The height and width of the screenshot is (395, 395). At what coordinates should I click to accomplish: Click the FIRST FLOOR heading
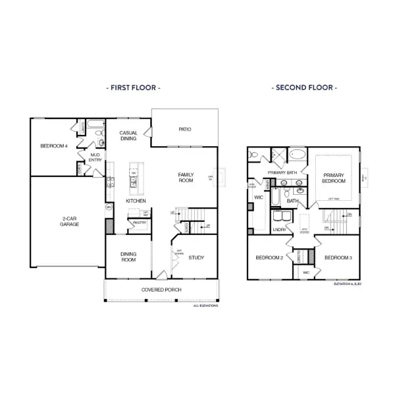tap(133, 87)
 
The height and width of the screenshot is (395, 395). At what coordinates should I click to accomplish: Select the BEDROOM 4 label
tap(53, 145)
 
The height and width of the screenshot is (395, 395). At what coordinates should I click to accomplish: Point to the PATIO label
tap(184, 129)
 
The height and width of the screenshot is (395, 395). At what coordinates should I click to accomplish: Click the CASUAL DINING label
tap(128, 136)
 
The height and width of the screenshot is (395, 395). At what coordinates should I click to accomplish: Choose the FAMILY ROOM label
tap(186, 177)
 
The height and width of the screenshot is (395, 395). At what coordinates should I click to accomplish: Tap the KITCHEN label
tap(136, 201)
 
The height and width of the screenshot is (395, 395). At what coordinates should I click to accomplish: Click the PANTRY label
tap(139, 223)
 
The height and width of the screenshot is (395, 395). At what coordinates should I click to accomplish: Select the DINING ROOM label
tap(128, 257)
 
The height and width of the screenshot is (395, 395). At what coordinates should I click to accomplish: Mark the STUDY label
tap(196, 257)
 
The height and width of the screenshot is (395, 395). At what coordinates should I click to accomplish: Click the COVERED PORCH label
tap(161, 290)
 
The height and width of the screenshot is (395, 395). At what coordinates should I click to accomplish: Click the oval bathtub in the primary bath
tap(298, 155)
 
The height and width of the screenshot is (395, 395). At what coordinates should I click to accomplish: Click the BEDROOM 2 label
tap(269, 257)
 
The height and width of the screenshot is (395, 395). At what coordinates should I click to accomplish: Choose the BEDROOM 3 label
tap(338, 257)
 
